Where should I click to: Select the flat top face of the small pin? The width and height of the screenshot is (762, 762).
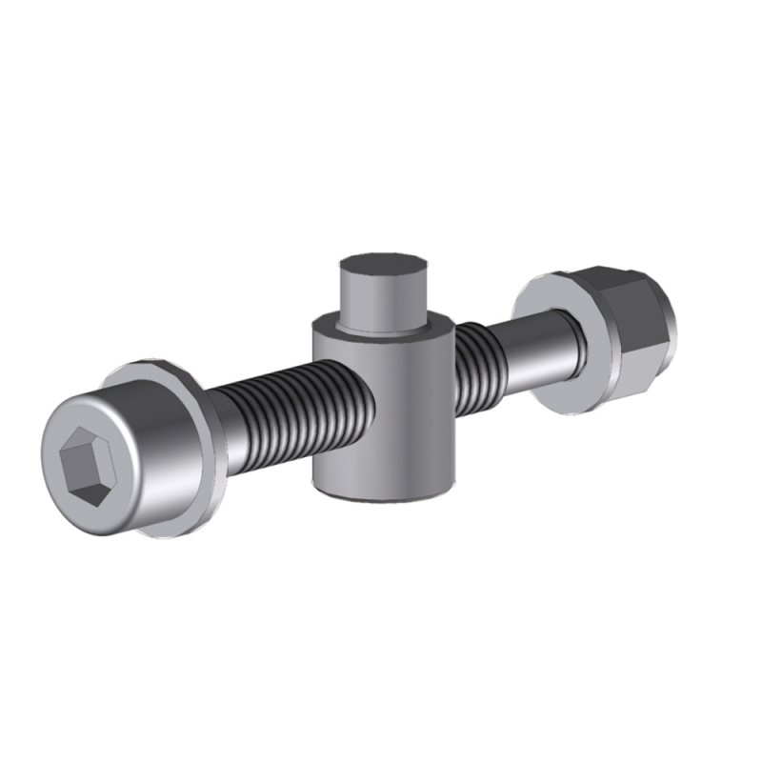tap(381, 266)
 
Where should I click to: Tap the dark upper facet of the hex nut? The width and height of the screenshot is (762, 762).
tap(619, 286)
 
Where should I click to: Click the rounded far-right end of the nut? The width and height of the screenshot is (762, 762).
tap(667, 314)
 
